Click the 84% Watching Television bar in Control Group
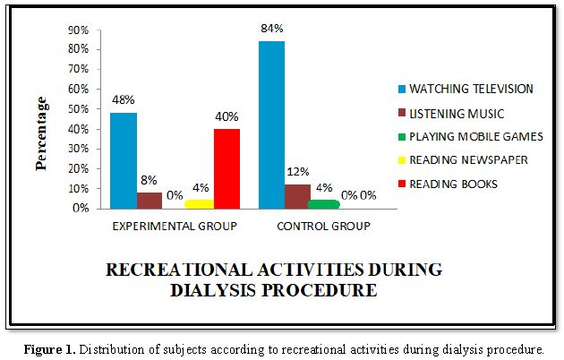271,124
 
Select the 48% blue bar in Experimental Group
124,160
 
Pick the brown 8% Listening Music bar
149,200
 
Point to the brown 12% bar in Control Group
296,196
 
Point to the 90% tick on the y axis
78,30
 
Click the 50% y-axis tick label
78,109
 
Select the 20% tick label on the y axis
78,168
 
